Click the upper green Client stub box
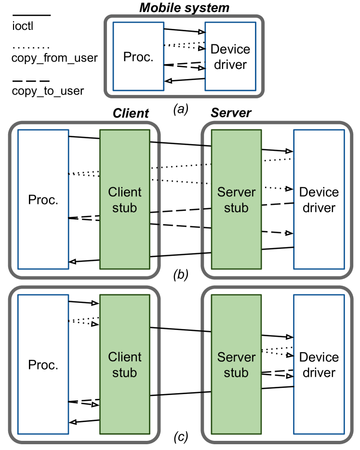pos(125,159)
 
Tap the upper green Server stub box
pos(236,159)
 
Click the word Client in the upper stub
pos(125,192)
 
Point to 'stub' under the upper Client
pos(125,208)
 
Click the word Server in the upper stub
pos(236,192)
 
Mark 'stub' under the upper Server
pos(236,208)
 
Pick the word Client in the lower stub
pos(125,357)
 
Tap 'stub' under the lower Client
pos(125,373)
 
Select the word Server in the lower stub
pos(236,357)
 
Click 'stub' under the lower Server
pos(236,373)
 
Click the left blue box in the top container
pos(138,56)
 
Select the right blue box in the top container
pos(230,56)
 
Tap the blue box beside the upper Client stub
pos(43,199)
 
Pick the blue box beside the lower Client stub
pos(43,364)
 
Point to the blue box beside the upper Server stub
pos(319,199)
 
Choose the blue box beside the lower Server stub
pos(319,364)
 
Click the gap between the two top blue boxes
pos(185,56)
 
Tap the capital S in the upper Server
pos(221,192)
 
